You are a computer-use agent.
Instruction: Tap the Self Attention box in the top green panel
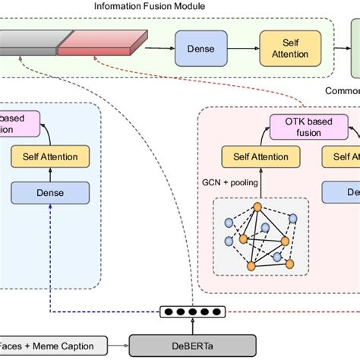[x=286, y=48]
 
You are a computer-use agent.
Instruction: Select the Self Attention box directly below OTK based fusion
[x=254, y=157]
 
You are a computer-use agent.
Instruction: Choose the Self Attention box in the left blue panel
[x=49, y=157]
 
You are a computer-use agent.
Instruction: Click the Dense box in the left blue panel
[x=49, y=193]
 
